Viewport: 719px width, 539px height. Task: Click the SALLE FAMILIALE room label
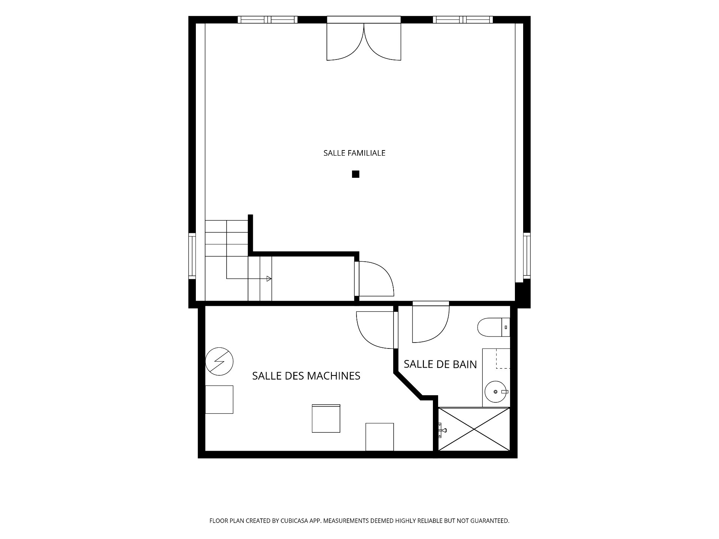[354, 153]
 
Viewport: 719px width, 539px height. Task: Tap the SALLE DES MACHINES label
[306, 376]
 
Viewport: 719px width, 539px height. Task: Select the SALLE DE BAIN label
[440, 364]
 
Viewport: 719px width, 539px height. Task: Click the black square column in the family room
[356, 174]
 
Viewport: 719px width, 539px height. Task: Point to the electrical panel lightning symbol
[219, 361]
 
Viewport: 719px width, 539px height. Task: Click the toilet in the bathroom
[494, 328]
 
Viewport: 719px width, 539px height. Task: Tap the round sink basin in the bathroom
[496, 392]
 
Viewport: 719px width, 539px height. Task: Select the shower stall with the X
[474, 429]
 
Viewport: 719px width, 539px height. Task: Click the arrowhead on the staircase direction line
[269, 278]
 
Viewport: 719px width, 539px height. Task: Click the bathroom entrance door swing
[431, 324]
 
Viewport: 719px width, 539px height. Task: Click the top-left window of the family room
[268, 20]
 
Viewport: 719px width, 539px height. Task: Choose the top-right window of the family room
[463, 20]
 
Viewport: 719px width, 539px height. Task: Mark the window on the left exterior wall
[192, 256]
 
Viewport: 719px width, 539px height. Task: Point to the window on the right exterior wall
[527, 256]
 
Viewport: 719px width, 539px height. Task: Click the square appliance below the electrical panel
[219, 400]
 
